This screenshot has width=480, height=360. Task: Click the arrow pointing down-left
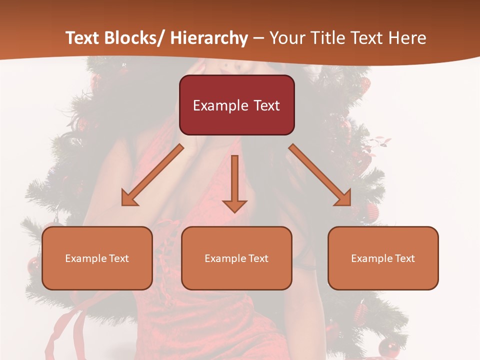click(x=153, y=174)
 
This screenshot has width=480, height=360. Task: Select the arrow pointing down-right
click(x=319, y=174)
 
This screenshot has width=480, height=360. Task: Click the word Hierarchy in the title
click(x=209, y=38)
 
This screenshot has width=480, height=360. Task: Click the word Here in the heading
click(x=408, y=38)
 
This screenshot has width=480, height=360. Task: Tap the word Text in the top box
click(x=266, y=105)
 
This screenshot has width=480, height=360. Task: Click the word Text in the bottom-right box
click(x=404, y=258)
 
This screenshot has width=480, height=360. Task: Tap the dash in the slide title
click(x=259, y=38)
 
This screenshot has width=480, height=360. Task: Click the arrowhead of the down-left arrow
click(x=129, y=198)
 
